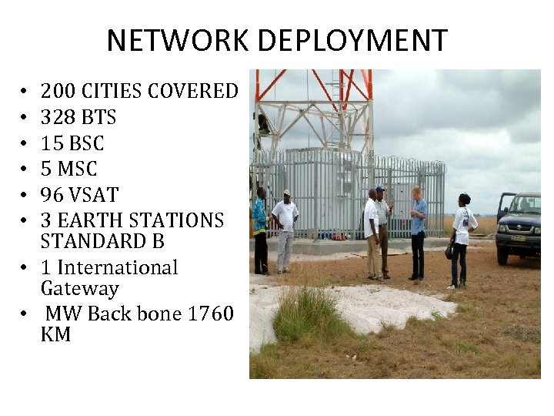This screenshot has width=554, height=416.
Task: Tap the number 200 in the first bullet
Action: click(57, 91)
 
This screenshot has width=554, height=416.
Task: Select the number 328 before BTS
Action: click(56, 117)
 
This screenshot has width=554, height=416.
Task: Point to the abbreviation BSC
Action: click(86, 143)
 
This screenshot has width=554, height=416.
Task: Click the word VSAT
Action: click(94, 195)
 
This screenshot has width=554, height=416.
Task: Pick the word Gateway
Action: click(79, 289)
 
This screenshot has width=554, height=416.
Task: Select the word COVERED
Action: click(192, 91)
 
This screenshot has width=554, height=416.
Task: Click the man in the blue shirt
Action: click(417, 231)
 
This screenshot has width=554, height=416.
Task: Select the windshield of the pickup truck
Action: click(526, 203)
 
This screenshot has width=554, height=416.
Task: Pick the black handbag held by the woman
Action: click(449, 251)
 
